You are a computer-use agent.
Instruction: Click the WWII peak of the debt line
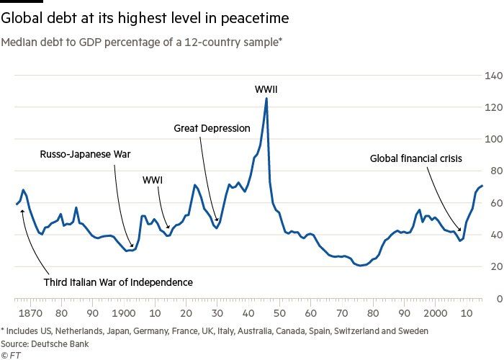click(x=266, y=99)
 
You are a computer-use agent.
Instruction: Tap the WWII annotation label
click(x=266, y=89)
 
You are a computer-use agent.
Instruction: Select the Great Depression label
click(x=212, y=128)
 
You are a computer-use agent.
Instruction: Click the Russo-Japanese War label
click(x=90, y=153)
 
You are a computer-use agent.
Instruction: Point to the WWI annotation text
click(x=152, y=179)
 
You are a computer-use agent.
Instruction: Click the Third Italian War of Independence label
click(x=118, y=282)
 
